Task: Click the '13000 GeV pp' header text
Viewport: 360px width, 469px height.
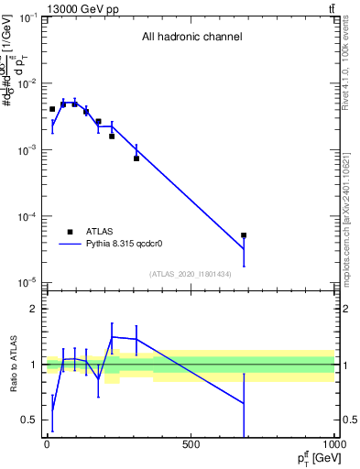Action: [x=80, y=8]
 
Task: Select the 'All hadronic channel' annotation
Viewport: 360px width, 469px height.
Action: [x=191, y=38]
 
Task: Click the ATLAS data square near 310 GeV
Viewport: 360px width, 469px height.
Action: [x=136, y=158]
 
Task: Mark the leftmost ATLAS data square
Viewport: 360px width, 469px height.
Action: [x=52, y=109]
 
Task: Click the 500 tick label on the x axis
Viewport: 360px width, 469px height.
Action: [x=191, y=445]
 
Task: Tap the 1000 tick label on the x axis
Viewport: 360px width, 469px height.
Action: [x=333, y=445]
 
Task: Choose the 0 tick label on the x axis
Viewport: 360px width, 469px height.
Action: [x=47, y=445]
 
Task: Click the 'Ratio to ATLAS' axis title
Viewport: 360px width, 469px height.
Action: [x=14, y=365]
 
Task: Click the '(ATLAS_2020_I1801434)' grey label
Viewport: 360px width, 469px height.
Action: [x=191, y=274]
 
